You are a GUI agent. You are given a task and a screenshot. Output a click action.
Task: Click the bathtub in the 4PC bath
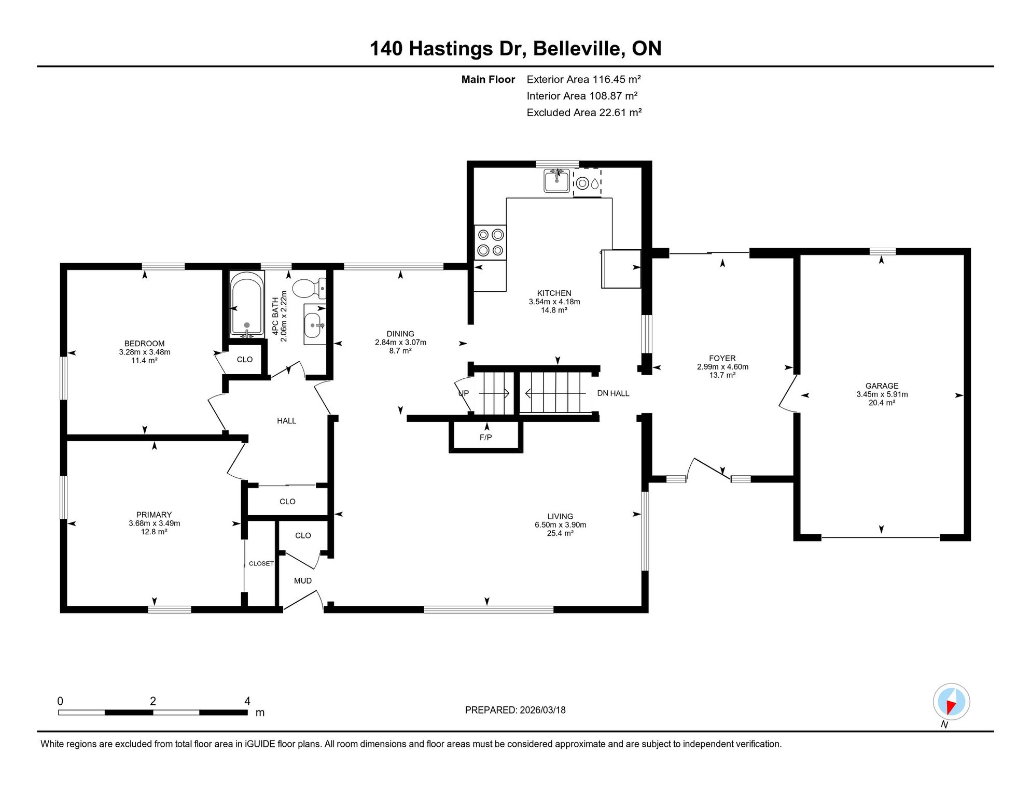(246, 305)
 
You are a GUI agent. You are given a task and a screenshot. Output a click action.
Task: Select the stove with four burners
(491, 243)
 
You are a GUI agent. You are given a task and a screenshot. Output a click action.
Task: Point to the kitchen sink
(556, 180)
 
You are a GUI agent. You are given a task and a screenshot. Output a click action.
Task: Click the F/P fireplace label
(486, 437)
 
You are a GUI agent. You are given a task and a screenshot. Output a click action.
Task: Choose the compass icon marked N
(951, 702)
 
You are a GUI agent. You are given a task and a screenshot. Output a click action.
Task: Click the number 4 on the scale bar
(247, 701)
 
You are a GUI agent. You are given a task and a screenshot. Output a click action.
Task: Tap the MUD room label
(303, 581)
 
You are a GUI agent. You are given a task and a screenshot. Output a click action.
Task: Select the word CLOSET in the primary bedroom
(261, 563)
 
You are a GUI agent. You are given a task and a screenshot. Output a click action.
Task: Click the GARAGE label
(882, 386)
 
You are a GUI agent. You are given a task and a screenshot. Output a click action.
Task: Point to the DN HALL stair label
(613, 393)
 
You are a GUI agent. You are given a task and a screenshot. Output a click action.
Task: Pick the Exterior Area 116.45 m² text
(584, 79)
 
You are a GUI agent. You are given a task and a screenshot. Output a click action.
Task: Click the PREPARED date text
(515, 710)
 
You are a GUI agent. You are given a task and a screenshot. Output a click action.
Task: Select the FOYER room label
(722, 358)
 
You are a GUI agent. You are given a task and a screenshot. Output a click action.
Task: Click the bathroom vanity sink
(315, 325)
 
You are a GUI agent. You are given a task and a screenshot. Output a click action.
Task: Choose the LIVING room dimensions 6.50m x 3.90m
(561, 525)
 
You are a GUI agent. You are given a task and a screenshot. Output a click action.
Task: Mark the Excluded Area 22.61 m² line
(584, 112)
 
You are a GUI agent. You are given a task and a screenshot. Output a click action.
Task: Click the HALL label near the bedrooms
(287, 421)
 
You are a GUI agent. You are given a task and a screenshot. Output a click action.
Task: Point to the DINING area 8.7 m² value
(400, 351)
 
